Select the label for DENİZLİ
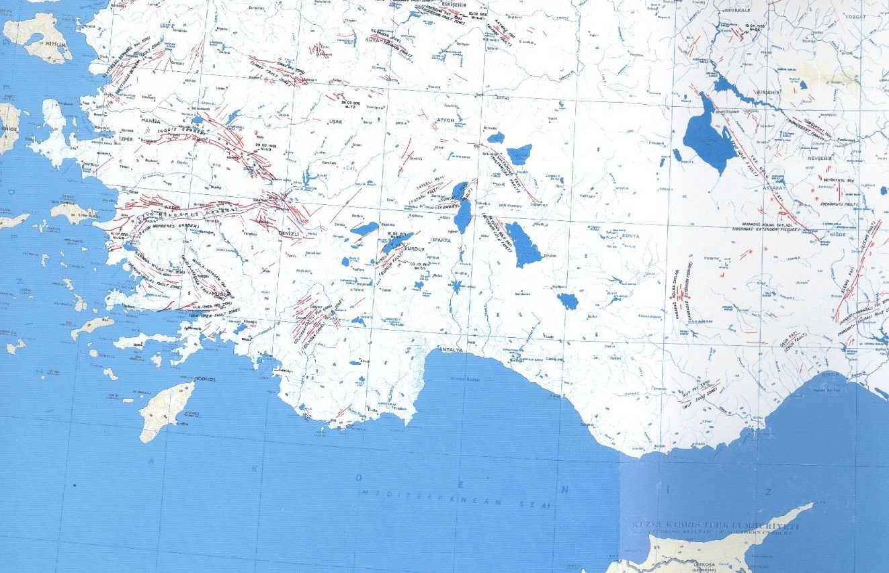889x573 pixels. [288, 232]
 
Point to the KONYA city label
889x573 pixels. [630, 236]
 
